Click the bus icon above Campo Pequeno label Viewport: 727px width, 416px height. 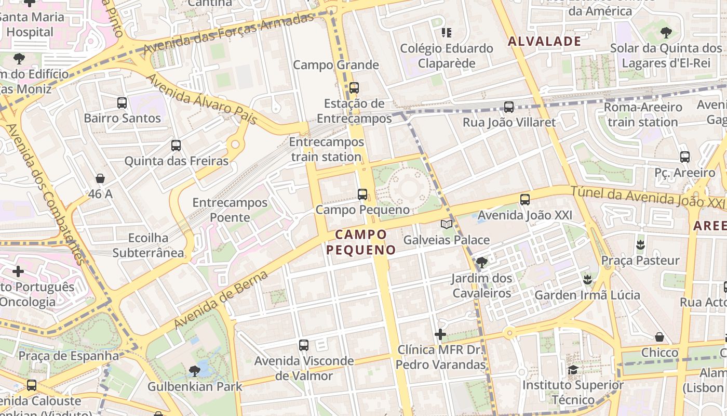tap(362, 194)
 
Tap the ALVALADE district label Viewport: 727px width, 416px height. tap(544, 42)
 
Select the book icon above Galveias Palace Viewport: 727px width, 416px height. tap(447, 224)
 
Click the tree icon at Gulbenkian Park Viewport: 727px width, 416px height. tap(195, 371)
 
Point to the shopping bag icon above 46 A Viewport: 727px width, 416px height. tap(100, 178)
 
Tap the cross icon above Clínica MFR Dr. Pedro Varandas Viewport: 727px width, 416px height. tap(440, 334)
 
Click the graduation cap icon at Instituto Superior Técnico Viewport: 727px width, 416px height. tap(573, 370)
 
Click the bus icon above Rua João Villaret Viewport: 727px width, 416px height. tap(509, 107)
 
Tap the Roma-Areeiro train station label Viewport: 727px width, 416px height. tap(643, 114)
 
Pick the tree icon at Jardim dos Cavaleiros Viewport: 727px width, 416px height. tap(481, 262)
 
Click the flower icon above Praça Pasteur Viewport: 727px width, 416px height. tap(640, 244)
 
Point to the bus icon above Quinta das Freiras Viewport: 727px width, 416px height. tap(176, 146)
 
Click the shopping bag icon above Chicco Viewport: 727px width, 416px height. tap(659, 337)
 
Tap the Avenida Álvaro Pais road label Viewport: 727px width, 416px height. tap(203, 99)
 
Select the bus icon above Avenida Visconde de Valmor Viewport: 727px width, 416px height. tap(304, 345)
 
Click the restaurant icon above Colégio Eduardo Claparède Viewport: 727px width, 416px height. tap(446, 33)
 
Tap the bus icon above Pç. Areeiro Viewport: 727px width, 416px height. tap(685, 157)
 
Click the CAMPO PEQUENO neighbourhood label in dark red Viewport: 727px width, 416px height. tap(361, 242)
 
